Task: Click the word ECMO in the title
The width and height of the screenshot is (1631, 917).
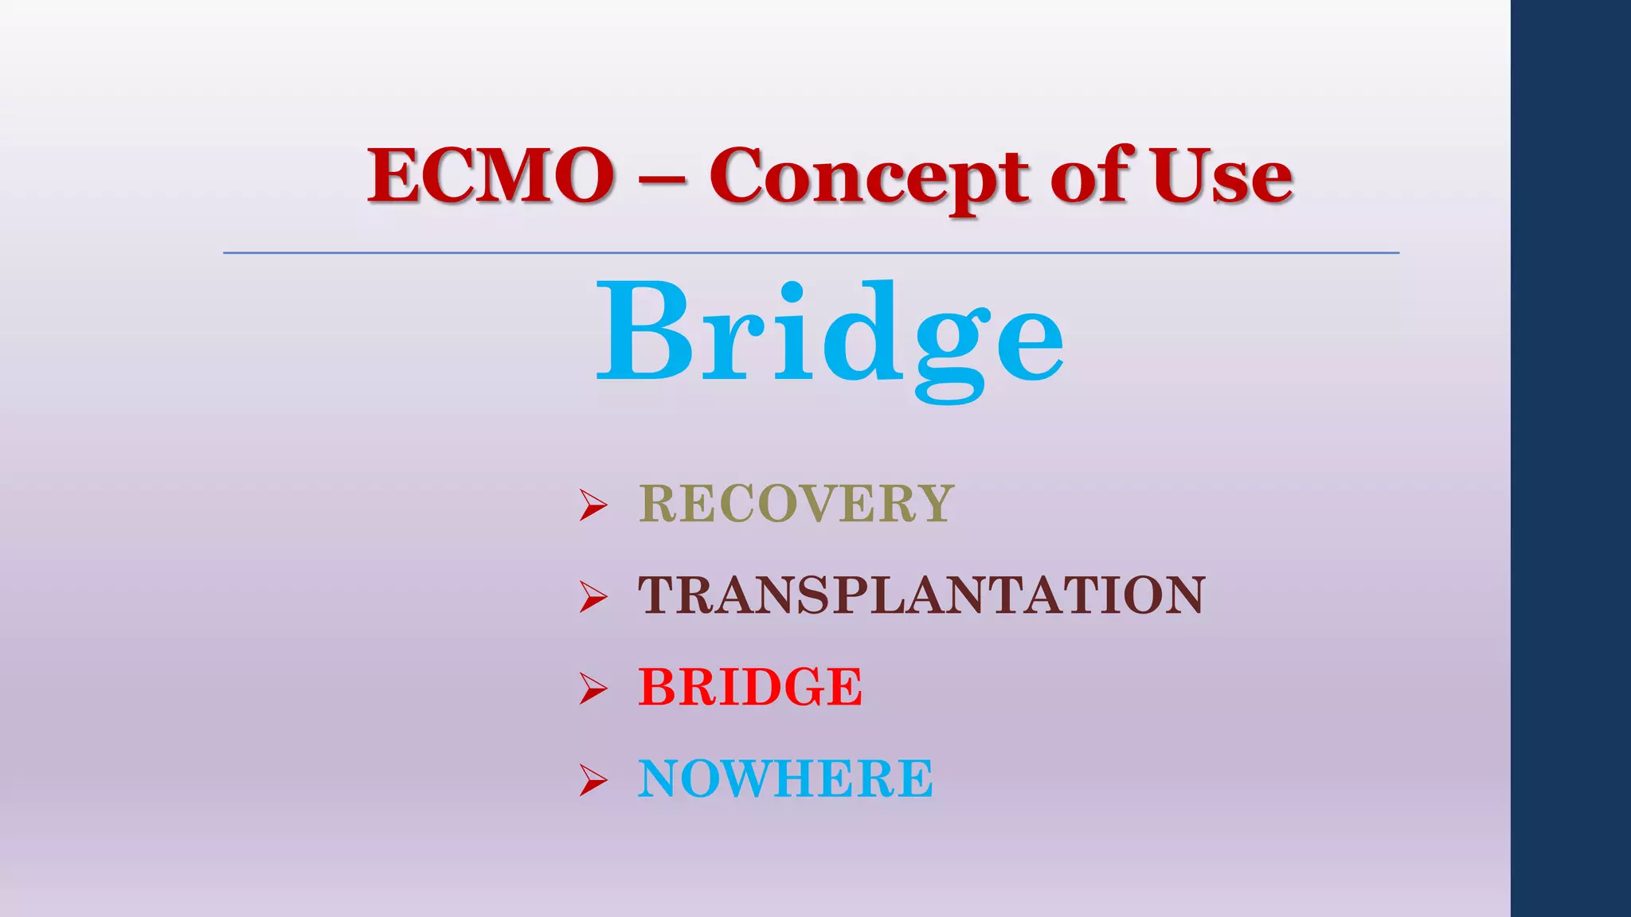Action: pyautogui.click(x=490, y=175)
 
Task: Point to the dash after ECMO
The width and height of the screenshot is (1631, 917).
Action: pyautogui.click(x=661, y=180)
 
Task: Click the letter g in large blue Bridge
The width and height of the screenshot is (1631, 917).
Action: pyautogui.click(x=950, y=350)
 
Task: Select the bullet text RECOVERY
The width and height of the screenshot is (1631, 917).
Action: pyautogui.click(x=796, y=504)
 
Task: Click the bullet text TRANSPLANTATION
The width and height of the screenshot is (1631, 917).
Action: pyautogui.click(x=921, y=595)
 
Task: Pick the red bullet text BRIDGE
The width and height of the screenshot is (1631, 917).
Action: pyautogui.click(x=750, y=687)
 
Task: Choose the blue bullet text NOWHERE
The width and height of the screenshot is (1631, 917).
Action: pyautogui.click(x=785, y=778)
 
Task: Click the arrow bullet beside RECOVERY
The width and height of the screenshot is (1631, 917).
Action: pyautogui.click(x=593, y=505)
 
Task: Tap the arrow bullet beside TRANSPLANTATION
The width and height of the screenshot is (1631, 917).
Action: pyautogui.click(x=593, y=596)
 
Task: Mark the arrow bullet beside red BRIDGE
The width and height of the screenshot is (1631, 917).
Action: pyautogui.click(x=593, y=688)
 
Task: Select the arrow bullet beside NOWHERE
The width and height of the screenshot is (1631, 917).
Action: pyautogui.click(x=593, y=779)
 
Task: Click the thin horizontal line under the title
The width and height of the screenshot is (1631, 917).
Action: pyautogui.click(x=811, y=253)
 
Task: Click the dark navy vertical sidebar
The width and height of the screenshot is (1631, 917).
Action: pyautogui.click(x=1570, y=458)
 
